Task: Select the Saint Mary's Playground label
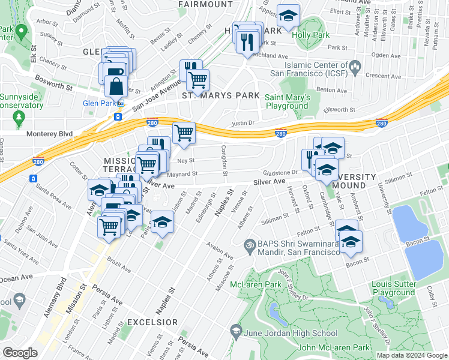(x=288, y=101)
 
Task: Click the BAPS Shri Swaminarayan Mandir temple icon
(x=248, y=244)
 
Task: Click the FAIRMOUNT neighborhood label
(x=201, y=4)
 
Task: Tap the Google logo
(x=20, y=352)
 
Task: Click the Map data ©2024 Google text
(x=411, y=355)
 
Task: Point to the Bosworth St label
(x=53, y=82)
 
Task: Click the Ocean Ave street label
(x=17, y=278)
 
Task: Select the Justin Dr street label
(x=244, y=124)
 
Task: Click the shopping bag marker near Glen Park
(x=116, y=86)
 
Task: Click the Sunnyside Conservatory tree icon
(x=20, y=115)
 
